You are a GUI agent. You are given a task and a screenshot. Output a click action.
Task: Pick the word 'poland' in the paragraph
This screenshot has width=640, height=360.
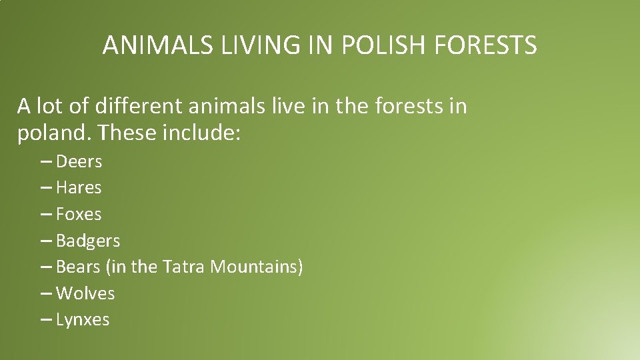55,134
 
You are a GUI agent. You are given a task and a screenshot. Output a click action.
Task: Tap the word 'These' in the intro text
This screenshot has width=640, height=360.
127,134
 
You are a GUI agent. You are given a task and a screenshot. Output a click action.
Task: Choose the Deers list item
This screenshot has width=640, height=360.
79,161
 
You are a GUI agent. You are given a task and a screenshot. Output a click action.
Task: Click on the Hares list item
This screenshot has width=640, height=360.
79,188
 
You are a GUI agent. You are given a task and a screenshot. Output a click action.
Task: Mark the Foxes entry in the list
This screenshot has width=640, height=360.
79,214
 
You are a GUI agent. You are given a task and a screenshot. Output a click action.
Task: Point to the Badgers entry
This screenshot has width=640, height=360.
88,241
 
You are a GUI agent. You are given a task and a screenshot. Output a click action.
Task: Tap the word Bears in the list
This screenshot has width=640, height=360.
78,267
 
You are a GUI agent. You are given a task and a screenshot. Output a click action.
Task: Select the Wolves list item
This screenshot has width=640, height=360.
85,293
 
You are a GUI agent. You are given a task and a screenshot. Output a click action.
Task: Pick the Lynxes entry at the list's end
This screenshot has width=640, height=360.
83,320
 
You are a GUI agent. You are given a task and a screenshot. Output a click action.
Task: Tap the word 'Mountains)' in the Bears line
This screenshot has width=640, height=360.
257,267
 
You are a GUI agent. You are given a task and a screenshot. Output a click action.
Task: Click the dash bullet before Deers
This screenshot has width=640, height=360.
46,162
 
